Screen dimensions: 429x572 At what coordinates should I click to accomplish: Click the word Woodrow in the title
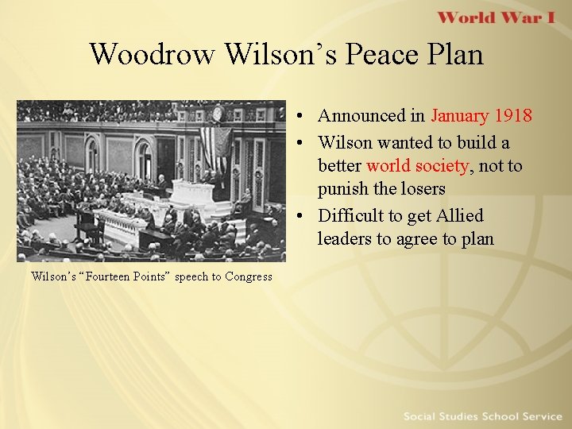153,54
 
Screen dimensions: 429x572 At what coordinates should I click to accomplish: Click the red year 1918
513,115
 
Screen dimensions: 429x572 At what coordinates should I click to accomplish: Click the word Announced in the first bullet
361,115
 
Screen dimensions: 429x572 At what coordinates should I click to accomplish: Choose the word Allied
459,215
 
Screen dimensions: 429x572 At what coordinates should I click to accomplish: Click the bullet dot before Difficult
306,215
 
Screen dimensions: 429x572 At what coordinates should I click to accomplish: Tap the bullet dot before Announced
306,115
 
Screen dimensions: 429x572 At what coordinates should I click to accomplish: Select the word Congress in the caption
249,276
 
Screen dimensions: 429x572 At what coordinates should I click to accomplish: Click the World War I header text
496,18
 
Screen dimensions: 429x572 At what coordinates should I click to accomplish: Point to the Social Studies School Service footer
482,416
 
